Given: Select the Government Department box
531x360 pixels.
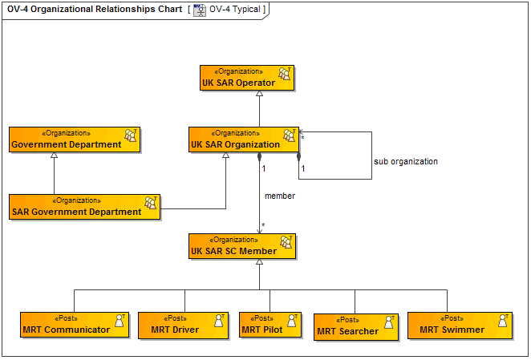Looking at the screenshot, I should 75,140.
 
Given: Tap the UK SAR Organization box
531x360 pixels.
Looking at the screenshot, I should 243,140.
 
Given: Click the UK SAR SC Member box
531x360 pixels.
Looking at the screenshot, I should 242,246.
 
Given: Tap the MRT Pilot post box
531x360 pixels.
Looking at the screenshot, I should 269,325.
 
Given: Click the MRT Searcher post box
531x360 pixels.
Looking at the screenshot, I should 355,326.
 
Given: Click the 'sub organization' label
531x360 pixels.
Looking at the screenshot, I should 406,161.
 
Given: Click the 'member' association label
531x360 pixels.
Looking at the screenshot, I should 280,196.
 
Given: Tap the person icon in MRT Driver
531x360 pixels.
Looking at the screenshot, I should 217,321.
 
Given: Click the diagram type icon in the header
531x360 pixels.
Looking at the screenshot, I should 200,10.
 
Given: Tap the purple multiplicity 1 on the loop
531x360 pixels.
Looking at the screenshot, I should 302,169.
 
